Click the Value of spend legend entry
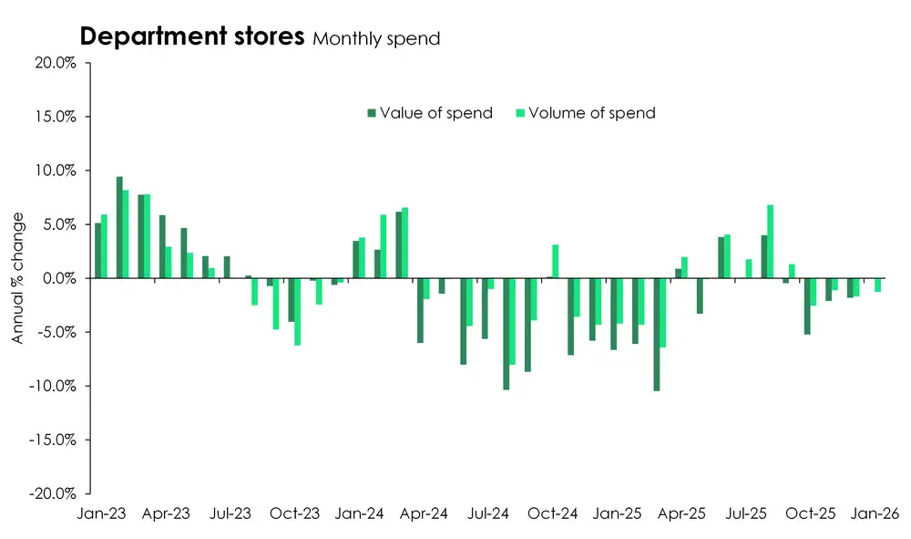(429, 113)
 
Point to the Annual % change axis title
(17, 278)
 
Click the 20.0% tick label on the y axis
(56, 63)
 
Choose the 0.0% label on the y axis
(59, 278)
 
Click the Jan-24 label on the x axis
(360, 514)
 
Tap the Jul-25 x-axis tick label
(743, 514)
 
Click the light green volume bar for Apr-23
(169, 263)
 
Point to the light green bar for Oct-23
(298, 311)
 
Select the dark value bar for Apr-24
(420, 310)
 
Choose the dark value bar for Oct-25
(807, 306)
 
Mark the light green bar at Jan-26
(877, 285)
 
